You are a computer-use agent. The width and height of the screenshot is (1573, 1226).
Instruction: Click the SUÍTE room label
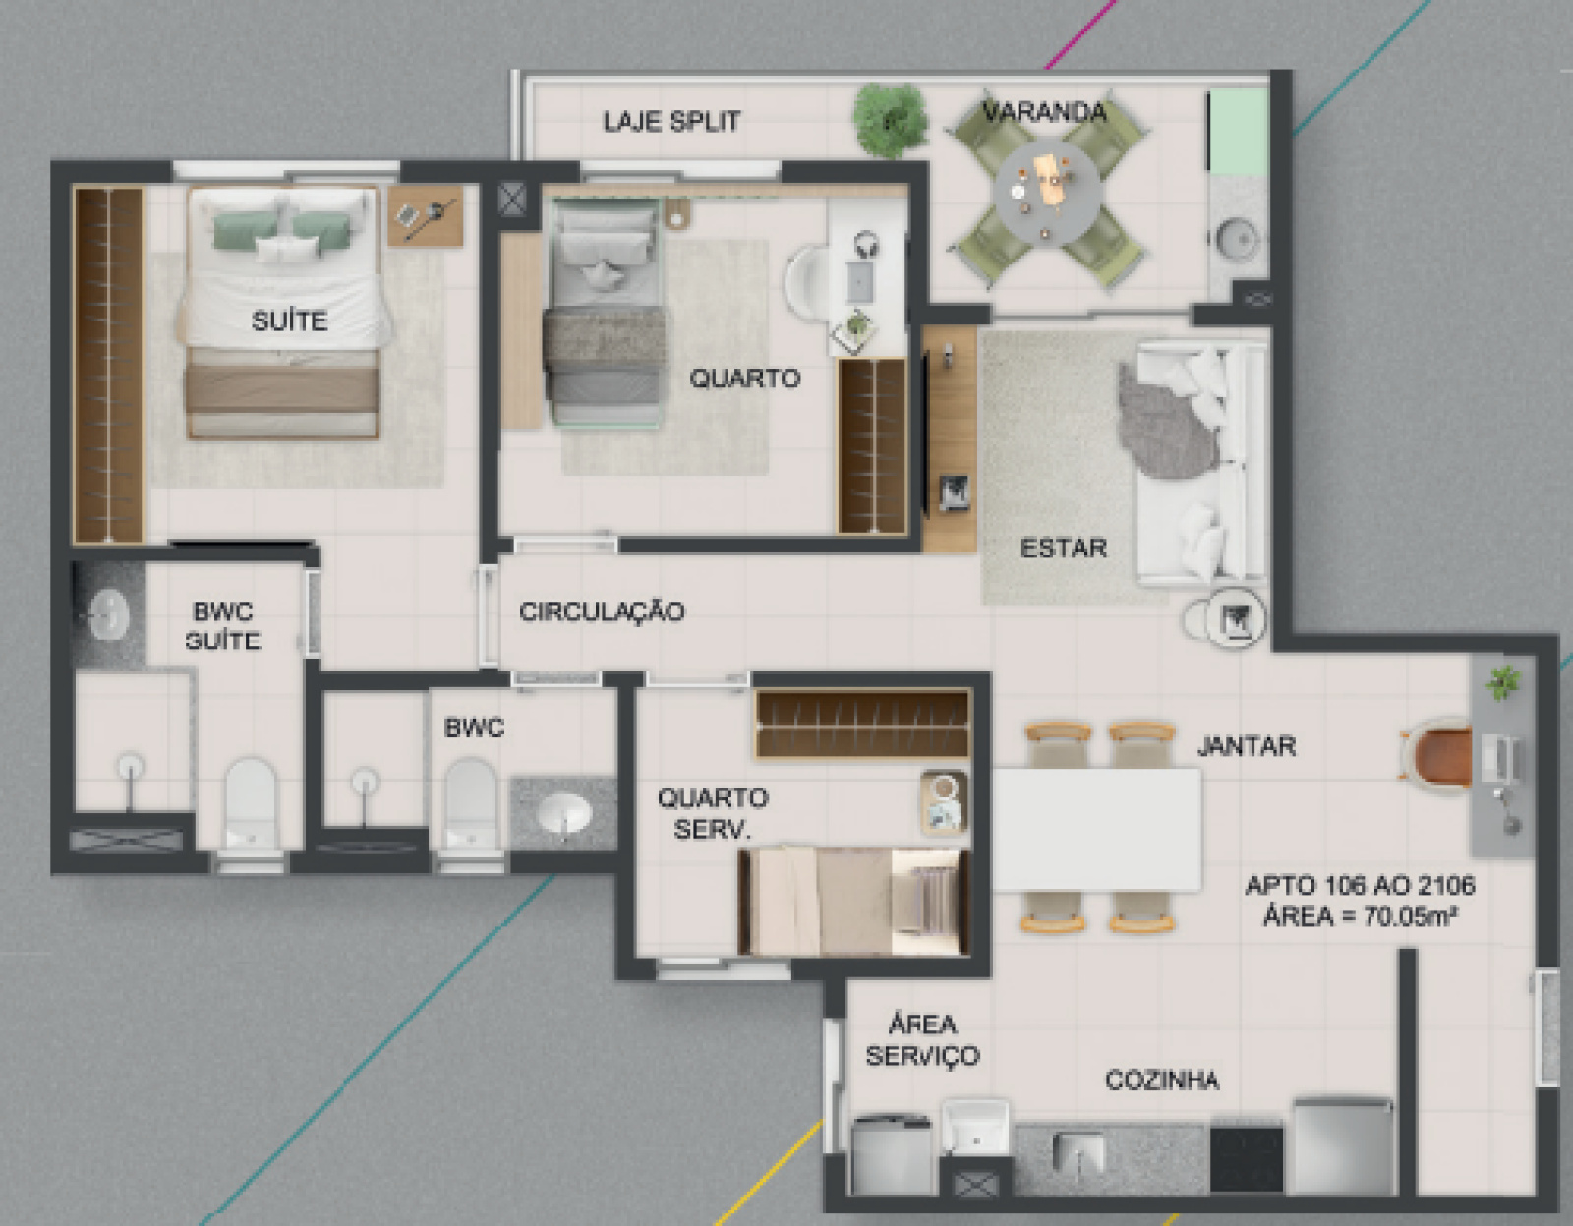click(290, 321)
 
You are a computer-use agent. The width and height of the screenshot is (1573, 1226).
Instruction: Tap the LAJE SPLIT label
click(672, 122)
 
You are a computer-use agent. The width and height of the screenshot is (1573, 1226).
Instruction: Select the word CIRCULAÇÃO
click(602, 612)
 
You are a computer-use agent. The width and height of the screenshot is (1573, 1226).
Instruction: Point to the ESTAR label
click(1064, 548)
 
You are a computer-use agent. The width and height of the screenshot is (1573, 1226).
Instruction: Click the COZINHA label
click(1162, 1080)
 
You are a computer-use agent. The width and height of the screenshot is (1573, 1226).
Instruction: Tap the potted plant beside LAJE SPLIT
click(890, 120)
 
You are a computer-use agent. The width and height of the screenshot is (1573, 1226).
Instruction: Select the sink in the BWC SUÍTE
click(110, 614)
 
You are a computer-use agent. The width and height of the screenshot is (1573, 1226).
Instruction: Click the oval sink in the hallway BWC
click(564, 813)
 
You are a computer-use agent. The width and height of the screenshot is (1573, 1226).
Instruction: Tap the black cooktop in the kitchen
click(1247, 1157)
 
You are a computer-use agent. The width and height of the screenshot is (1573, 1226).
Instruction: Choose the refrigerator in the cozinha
click(1344, 1147)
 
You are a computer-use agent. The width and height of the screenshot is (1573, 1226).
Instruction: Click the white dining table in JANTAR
click(1098, 830)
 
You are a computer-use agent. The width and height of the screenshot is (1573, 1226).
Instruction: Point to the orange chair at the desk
click(1437, 756)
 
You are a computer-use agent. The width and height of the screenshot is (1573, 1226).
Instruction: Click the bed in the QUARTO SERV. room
click(854, 903)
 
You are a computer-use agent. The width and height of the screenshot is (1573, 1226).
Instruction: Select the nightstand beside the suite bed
click(425, 215)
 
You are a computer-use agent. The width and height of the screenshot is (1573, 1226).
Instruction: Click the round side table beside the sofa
click(1235, 618)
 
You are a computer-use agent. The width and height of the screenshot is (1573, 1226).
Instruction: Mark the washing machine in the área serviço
click(892, 1155)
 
